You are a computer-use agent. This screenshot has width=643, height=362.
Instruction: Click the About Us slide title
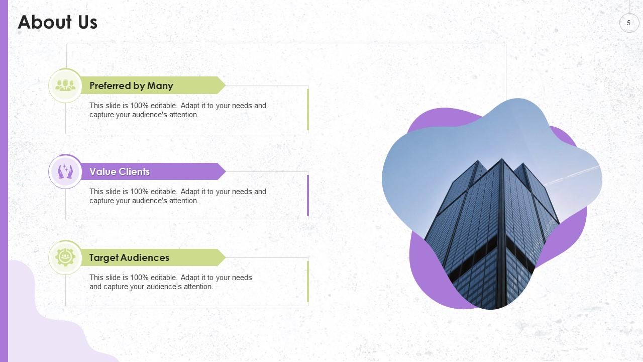(58, 23)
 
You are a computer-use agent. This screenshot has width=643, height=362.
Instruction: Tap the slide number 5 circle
(628, 23)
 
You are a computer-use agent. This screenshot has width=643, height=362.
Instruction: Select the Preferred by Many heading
(131, 85)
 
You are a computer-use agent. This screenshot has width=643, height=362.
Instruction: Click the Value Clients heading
(120, 171)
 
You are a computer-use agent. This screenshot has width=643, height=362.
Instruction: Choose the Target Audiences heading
(129, 257)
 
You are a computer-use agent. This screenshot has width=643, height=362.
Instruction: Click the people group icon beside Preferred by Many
(65, 85)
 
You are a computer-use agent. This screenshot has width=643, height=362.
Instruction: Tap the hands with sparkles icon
(65, 171)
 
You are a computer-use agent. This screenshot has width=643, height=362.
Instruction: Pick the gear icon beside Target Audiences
(65, 257)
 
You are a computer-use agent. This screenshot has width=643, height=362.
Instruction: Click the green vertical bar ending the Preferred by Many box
(308, 110)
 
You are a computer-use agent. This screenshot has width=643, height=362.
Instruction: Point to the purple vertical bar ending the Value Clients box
(308, 196)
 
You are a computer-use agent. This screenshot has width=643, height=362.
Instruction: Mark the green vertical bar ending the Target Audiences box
(308, 282)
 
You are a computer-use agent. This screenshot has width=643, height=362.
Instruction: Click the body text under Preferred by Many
(178, 110)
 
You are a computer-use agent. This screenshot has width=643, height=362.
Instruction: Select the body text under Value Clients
(178, 196)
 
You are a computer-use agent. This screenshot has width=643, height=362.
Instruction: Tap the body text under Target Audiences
(171, 282)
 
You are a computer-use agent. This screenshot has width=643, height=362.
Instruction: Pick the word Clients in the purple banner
(134, 171)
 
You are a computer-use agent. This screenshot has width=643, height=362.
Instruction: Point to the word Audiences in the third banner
(146, 257)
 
